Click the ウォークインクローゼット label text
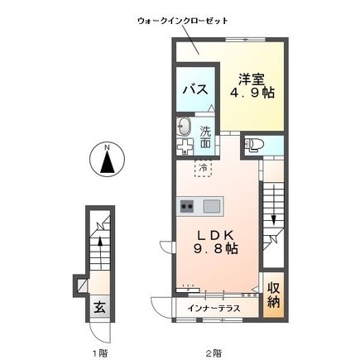pos(183,21)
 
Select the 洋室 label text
pos(252,79)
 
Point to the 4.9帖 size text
pos(252,94)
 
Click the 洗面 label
pos(205,137)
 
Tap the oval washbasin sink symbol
pos(184,127)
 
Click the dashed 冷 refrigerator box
pos(203,168)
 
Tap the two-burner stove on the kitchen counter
pos(186,206)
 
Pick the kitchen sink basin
pos(212,206)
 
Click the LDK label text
pos(215,235)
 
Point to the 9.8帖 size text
pos(215,249)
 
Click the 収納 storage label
pos(273,295)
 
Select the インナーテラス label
pos(214,308)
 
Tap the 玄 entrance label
pos(99,307)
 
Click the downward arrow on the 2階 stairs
pos(273,205)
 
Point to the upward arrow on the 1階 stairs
pos(100,252)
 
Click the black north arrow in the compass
pos(108,163)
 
